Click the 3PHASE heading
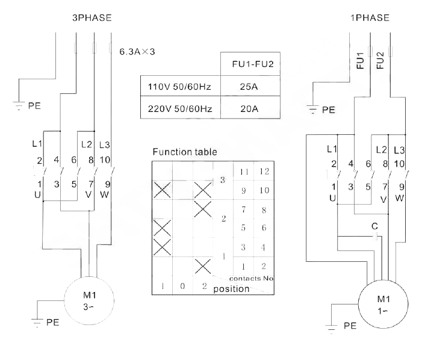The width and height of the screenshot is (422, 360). click(x=92, y=17)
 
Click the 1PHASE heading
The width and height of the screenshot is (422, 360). click(x=370, y=17)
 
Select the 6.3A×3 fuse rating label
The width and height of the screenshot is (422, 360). click(x=137, y=51)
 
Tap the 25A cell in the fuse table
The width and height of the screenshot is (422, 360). click(x=249, y=87)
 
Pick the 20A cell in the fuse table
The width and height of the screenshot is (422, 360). click(x=249, y=109)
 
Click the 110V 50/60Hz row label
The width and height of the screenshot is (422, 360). click(x=179, y=87)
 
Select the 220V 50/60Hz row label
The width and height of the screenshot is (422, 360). click(x=180, y=109)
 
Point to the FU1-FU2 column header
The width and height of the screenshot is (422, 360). click(x=253, y=64)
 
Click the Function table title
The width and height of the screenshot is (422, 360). click(x=185, y=152)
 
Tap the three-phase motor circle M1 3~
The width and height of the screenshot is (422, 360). click(x=89, y=301)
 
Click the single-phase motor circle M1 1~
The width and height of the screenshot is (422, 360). click(x=383, y=304)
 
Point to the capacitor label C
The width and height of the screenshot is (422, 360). click(x=374, y=226)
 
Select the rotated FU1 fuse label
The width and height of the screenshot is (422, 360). click(x=360, y=61)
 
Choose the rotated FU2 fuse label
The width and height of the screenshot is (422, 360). click(x=380, y=60)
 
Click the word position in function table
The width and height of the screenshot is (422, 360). click(x=231, y=289)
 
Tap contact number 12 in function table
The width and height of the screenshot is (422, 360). click(x=264, y=172)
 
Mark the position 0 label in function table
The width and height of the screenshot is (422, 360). click(x=182, y=286)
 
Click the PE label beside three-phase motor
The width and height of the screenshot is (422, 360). click(x=53, y=322)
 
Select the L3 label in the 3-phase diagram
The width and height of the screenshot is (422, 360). click(x=104, y=145)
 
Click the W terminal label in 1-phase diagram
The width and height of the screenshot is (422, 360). click(x=399, y=198)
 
